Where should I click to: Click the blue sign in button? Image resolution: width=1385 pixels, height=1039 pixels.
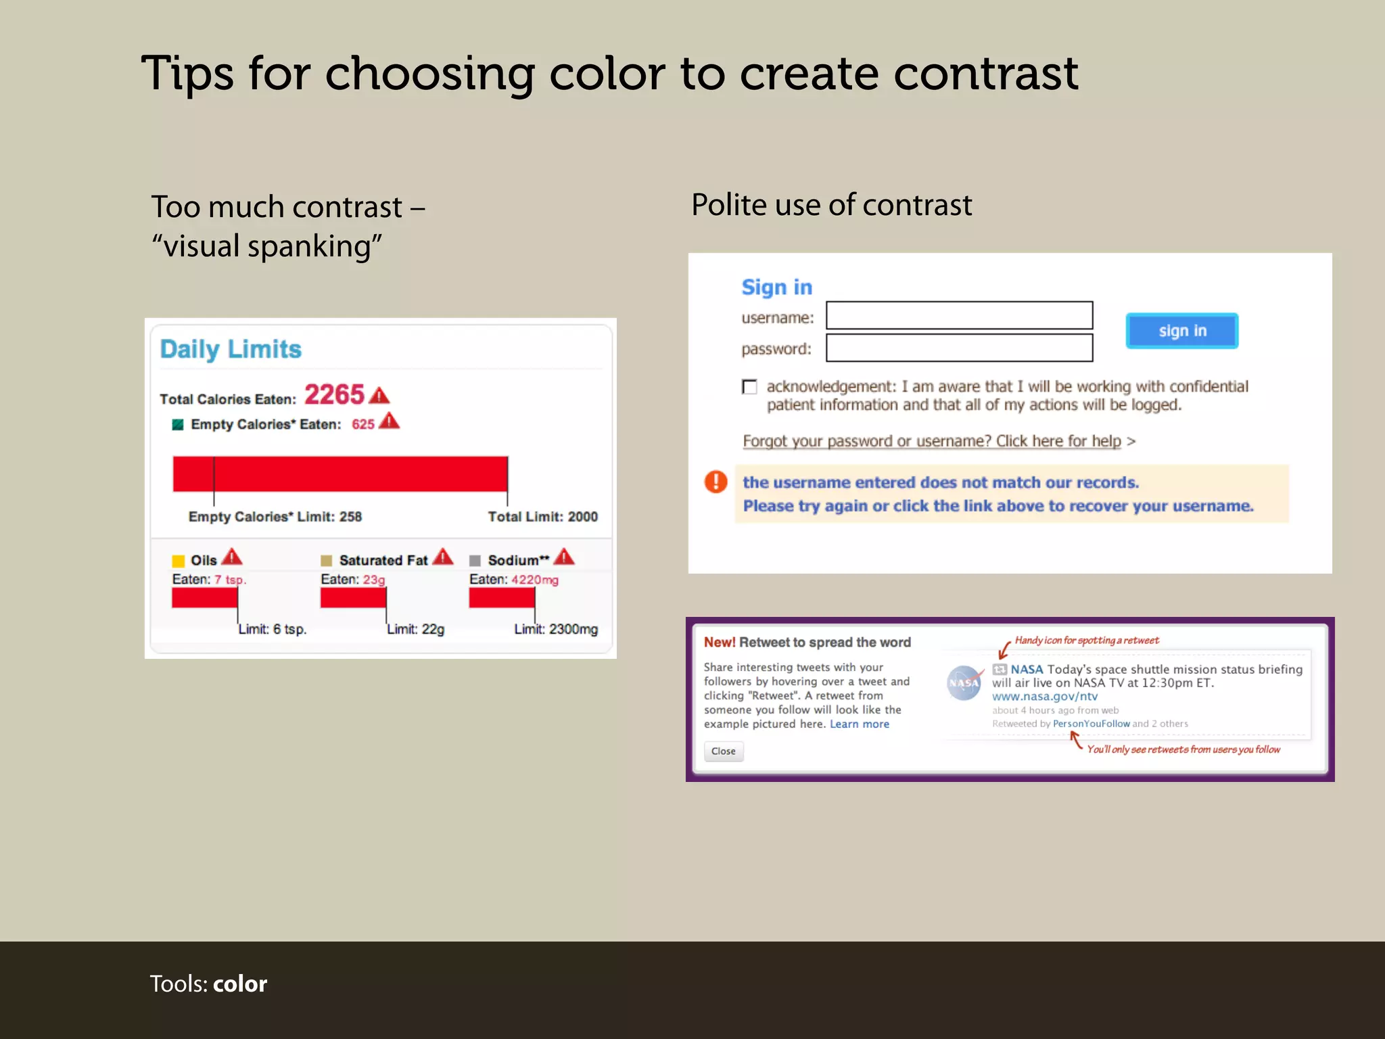(x=1181, y=331)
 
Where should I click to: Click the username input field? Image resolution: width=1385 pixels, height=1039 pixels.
(x=959, y=315)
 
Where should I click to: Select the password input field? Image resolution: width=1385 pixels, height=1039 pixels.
(x=959, y=348)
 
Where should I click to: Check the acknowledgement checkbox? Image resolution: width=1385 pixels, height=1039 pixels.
(x=749, y=387)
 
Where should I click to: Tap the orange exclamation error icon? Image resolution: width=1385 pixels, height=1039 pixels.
(x=715, y=482)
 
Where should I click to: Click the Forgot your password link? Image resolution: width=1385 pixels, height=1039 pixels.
(x=931, y=441)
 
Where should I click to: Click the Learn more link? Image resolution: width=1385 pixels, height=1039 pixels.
(x=859, y=724)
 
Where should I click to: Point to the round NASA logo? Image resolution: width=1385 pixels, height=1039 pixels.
(x=964, y=683)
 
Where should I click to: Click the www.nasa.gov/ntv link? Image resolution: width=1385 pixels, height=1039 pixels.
(x=1044, y=696)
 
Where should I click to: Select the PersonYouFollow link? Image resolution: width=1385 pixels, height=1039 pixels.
(x=1091, y=724)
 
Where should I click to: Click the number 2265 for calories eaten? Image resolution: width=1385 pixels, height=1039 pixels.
(x=334, y=394)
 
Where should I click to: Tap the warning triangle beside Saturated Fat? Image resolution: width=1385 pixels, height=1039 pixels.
(x=443, y=557)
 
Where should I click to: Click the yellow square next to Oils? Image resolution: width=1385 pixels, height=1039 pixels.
(x=179, y=561)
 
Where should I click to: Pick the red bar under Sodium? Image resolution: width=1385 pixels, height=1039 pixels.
(x=502, y=598)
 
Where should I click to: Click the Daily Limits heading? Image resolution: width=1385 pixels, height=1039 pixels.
(x=231, y=349)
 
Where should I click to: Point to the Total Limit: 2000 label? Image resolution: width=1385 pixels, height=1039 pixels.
(x=542, y=517)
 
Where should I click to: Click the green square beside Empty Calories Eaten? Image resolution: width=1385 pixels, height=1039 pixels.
(x=178, y=425)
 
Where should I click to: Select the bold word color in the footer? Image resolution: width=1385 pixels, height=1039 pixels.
(x=240, y=984)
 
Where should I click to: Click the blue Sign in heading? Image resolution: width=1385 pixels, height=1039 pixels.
(x=776, y=287)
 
